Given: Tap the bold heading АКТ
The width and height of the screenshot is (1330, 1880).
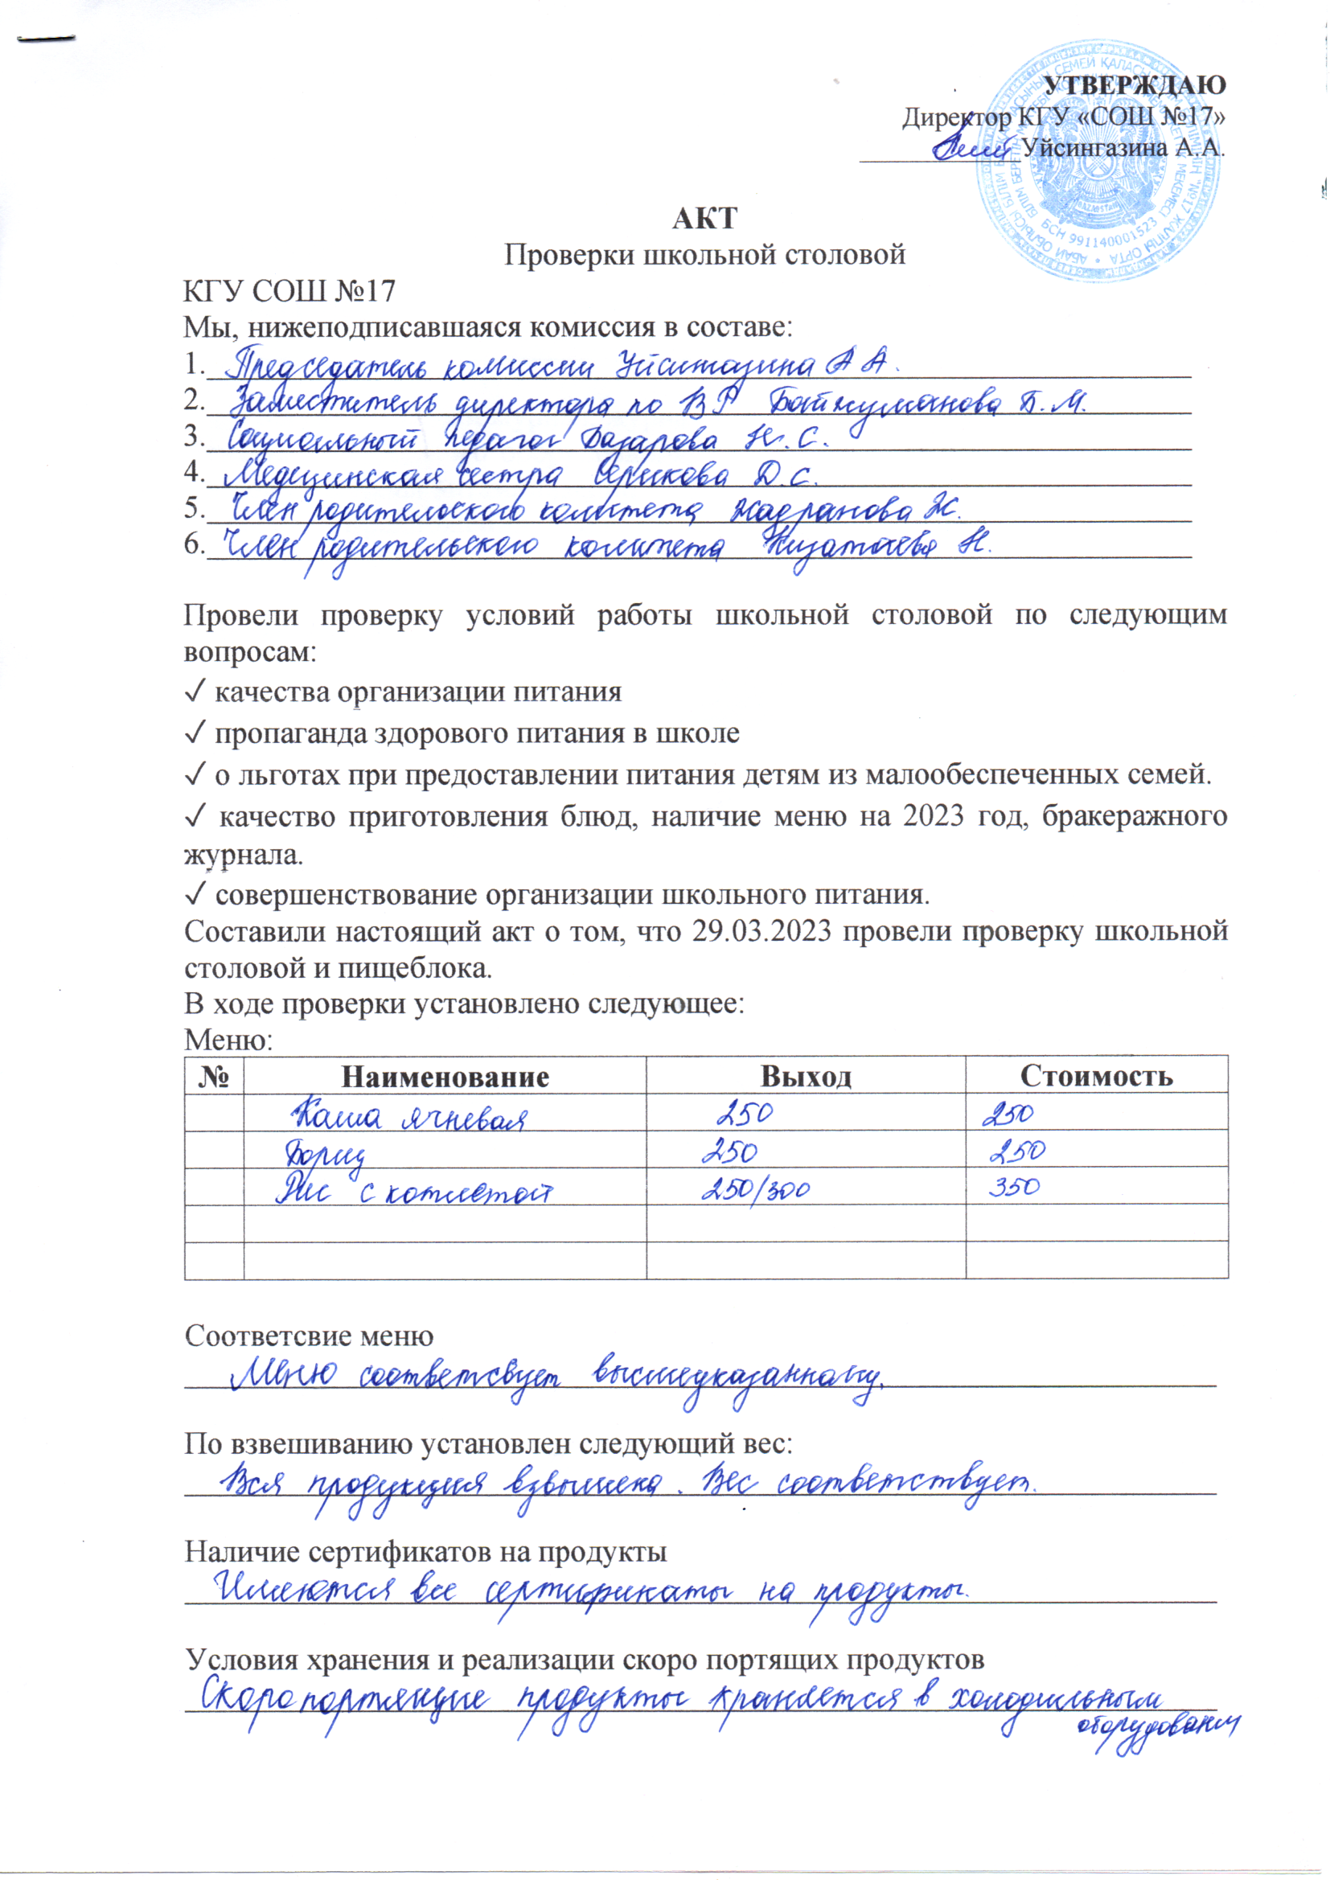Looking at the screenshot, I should [704, 219].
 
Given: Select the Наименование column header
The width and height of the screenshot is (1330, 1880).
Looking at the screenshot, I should [445, 1075].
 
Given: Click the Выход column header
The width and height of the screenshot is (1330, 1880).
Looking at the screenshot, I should [806, 1075].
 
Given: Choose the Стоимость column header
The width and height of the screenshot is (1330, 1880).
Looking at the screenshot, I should [1096, 1075].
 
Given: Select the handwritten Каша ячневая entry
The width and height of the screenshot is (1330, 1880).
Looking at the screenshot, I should [409, 1116].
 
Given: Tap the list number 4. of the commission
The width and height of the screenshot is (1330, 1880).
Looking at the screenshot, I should [194, 472].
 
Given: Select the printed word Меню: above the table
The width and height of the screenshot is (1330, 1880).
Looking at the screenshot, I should [228, 1040].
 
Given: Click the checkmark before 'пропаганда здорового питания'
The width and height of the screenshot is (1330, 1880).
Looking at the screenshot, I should [195, 733].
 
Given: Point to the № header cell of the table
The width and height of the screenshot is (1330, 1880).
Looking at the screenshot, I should [214, 1075].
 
